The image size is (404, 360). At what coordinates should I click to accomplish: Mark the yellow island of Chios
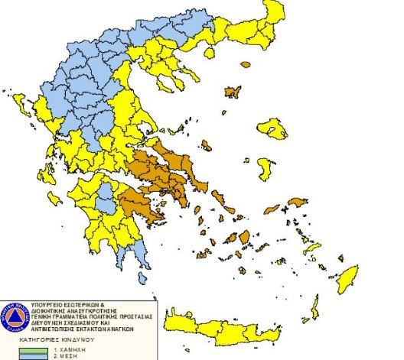(265, 167)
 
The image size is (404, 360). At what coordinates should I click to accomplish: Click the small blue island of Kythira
(142, 279)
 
